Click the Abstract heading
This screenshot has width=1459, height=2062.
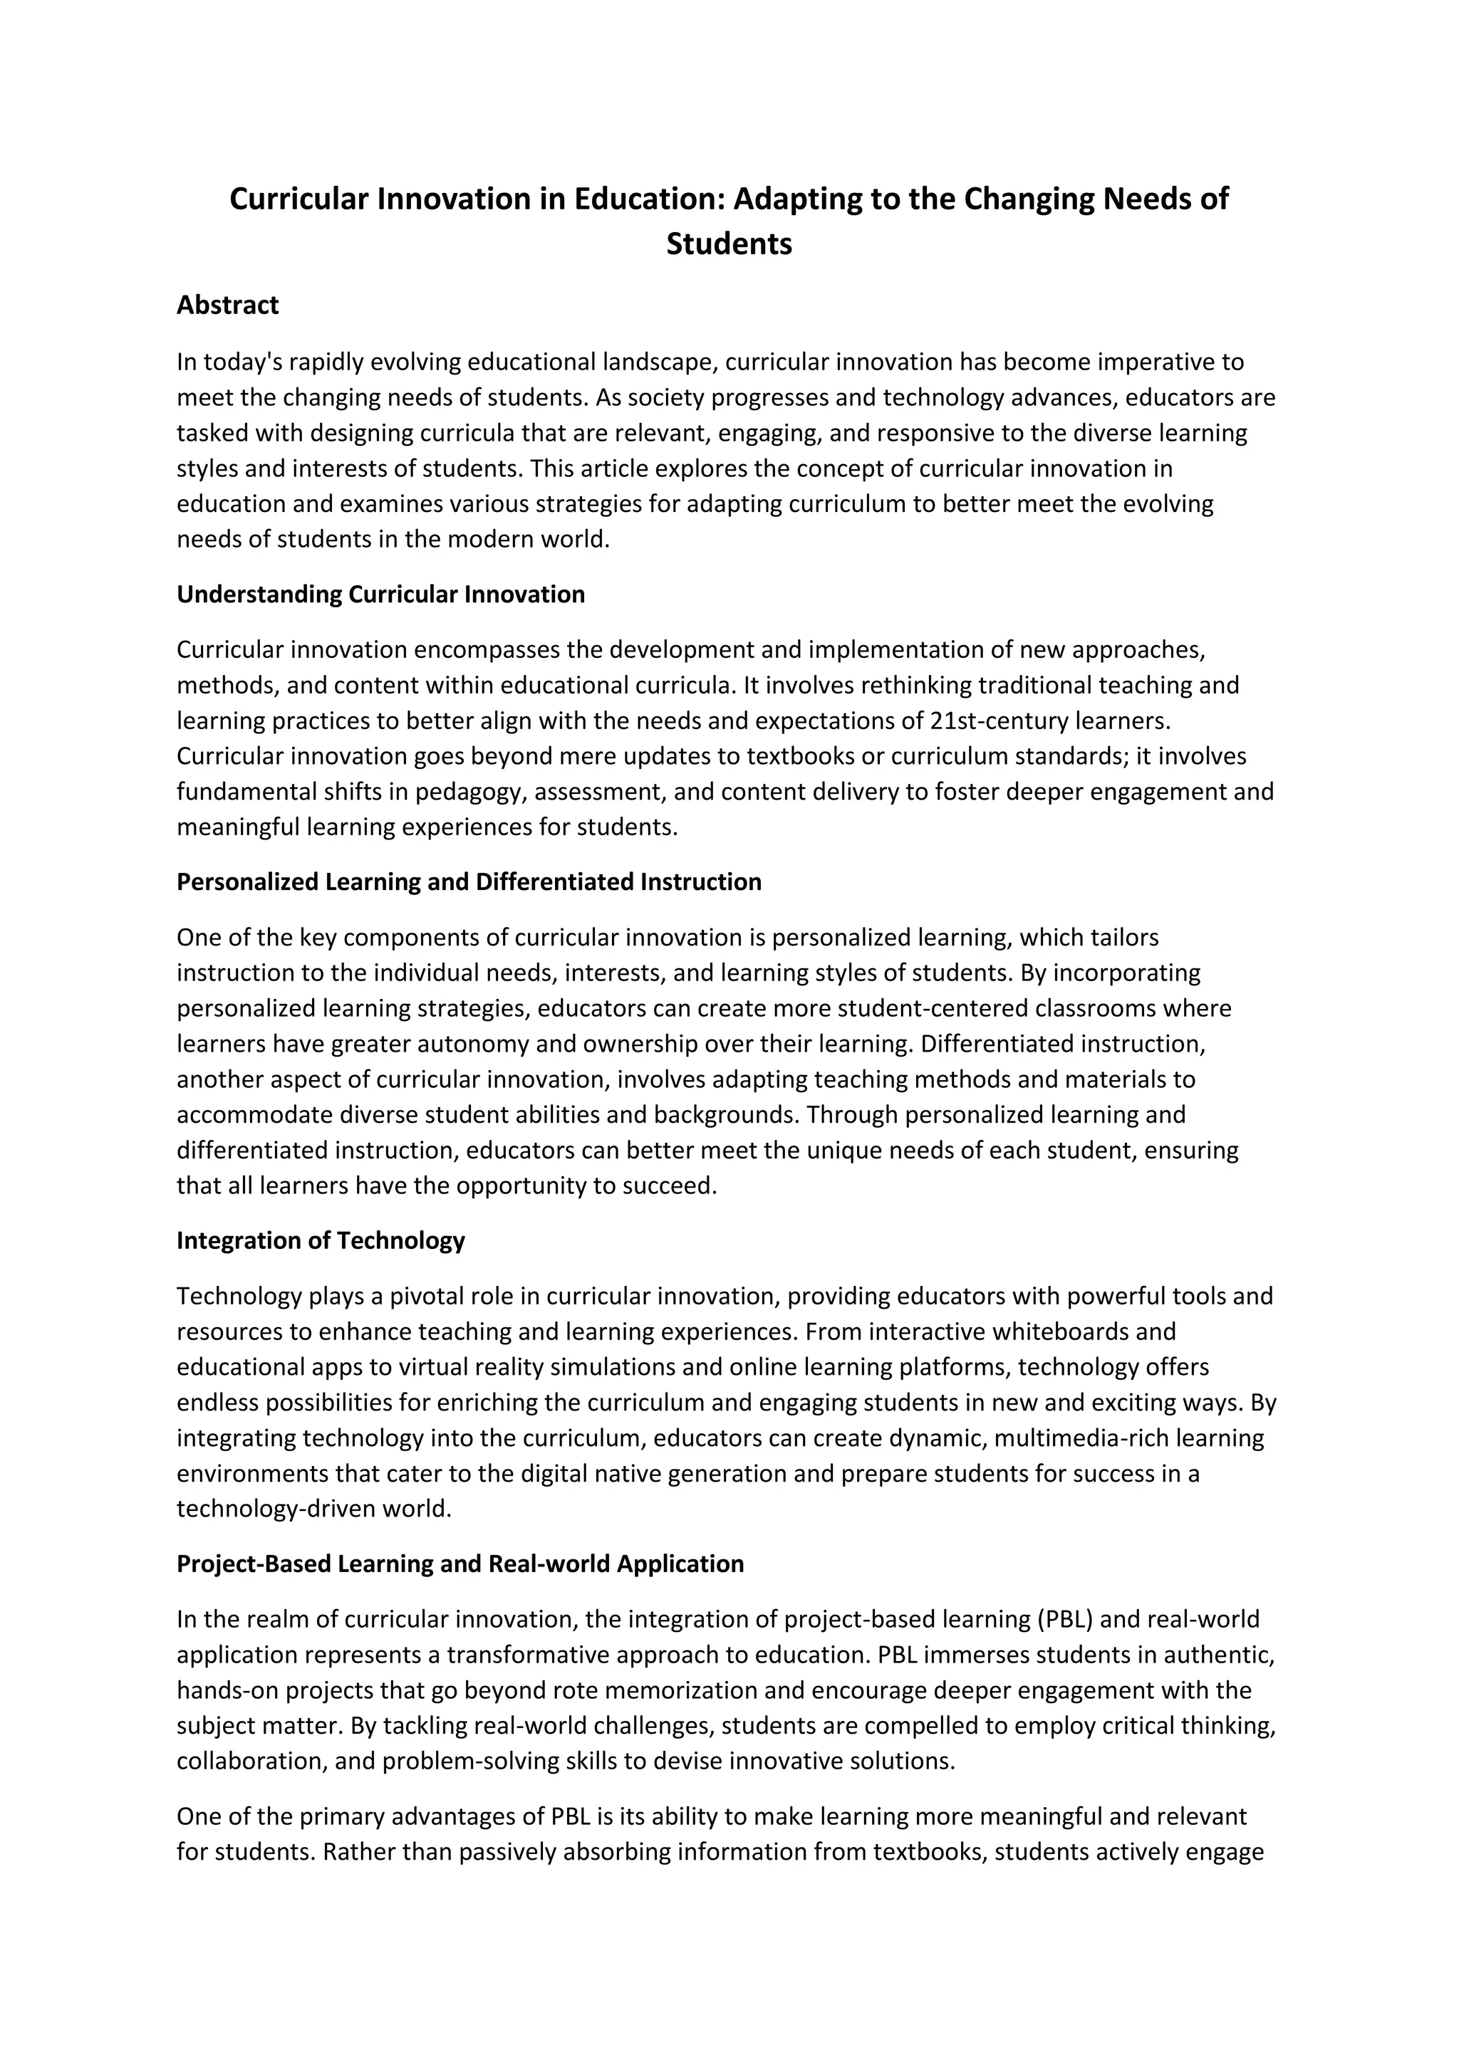click(227, 305)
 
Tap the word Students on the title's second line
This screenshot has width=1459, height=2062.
click(729, 244)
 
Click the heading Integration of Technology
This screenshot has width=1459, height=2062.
click(321, 1240)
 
